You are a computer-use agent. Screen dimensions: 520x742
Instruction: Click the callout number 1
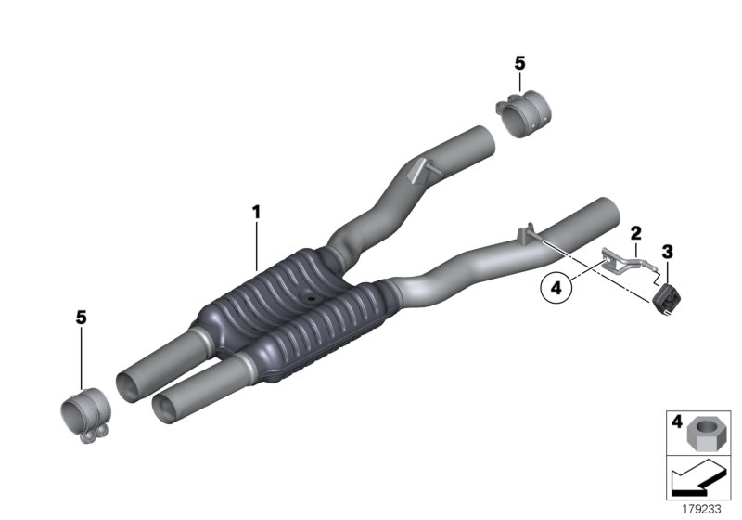click(256, 213)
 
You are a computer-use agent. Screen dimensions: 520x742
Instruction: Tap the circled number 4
click(556, 289)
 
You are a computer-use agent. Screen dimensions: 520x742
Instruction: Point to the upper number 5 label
click(519, 63)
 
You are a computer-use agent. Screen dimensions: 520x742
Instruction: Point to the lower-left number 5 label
click(81, 318)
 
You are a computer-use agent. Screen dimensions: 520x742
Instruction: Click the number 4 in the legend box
click(677, 422)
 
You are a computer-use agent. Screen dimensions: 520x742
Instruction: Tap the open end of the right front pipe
click(169, 408)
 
